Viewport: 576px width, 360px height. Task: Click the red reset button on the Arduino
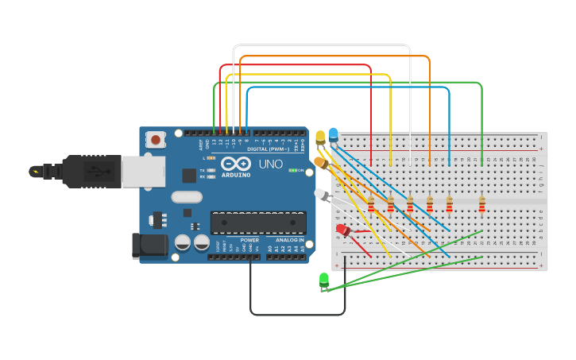pos(155,140)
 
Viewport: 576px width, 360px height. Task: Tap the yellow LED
pos(320,137)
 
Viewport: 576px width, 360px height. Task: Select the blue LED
pos(333,134)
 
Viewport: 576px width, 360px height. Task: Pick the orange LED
pos(320,162)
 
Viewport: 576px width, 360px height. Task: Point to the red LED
pos(342,230)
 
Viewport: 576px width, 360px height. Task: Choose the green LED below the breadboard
pos(324,279)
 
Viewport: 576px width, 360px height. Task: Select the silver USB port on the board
pos(144,171)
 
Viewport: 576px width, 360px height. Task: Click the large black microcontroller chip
pos(257,223)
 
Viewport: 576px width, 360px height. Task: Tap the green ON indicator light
pos(292,170)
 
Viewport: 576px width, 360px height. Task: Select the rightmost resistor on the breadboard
pos(481,206)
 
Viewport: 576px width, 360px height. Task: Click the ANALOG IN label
pos(289,240)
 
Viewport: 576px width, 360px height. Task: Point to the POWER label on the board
pos(249,240)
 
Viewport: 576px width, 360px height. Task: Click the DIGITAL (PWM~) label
pos(268,149)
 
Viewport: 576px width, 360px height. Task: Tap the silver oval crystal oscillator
pos(187,197)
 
